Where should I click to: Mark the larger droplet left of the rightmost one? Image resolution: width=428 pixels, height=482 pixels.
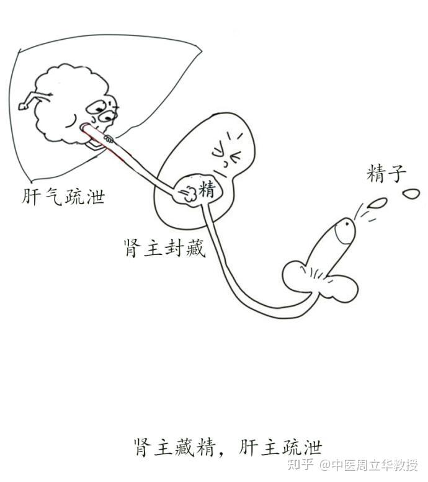click(377, 203)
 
